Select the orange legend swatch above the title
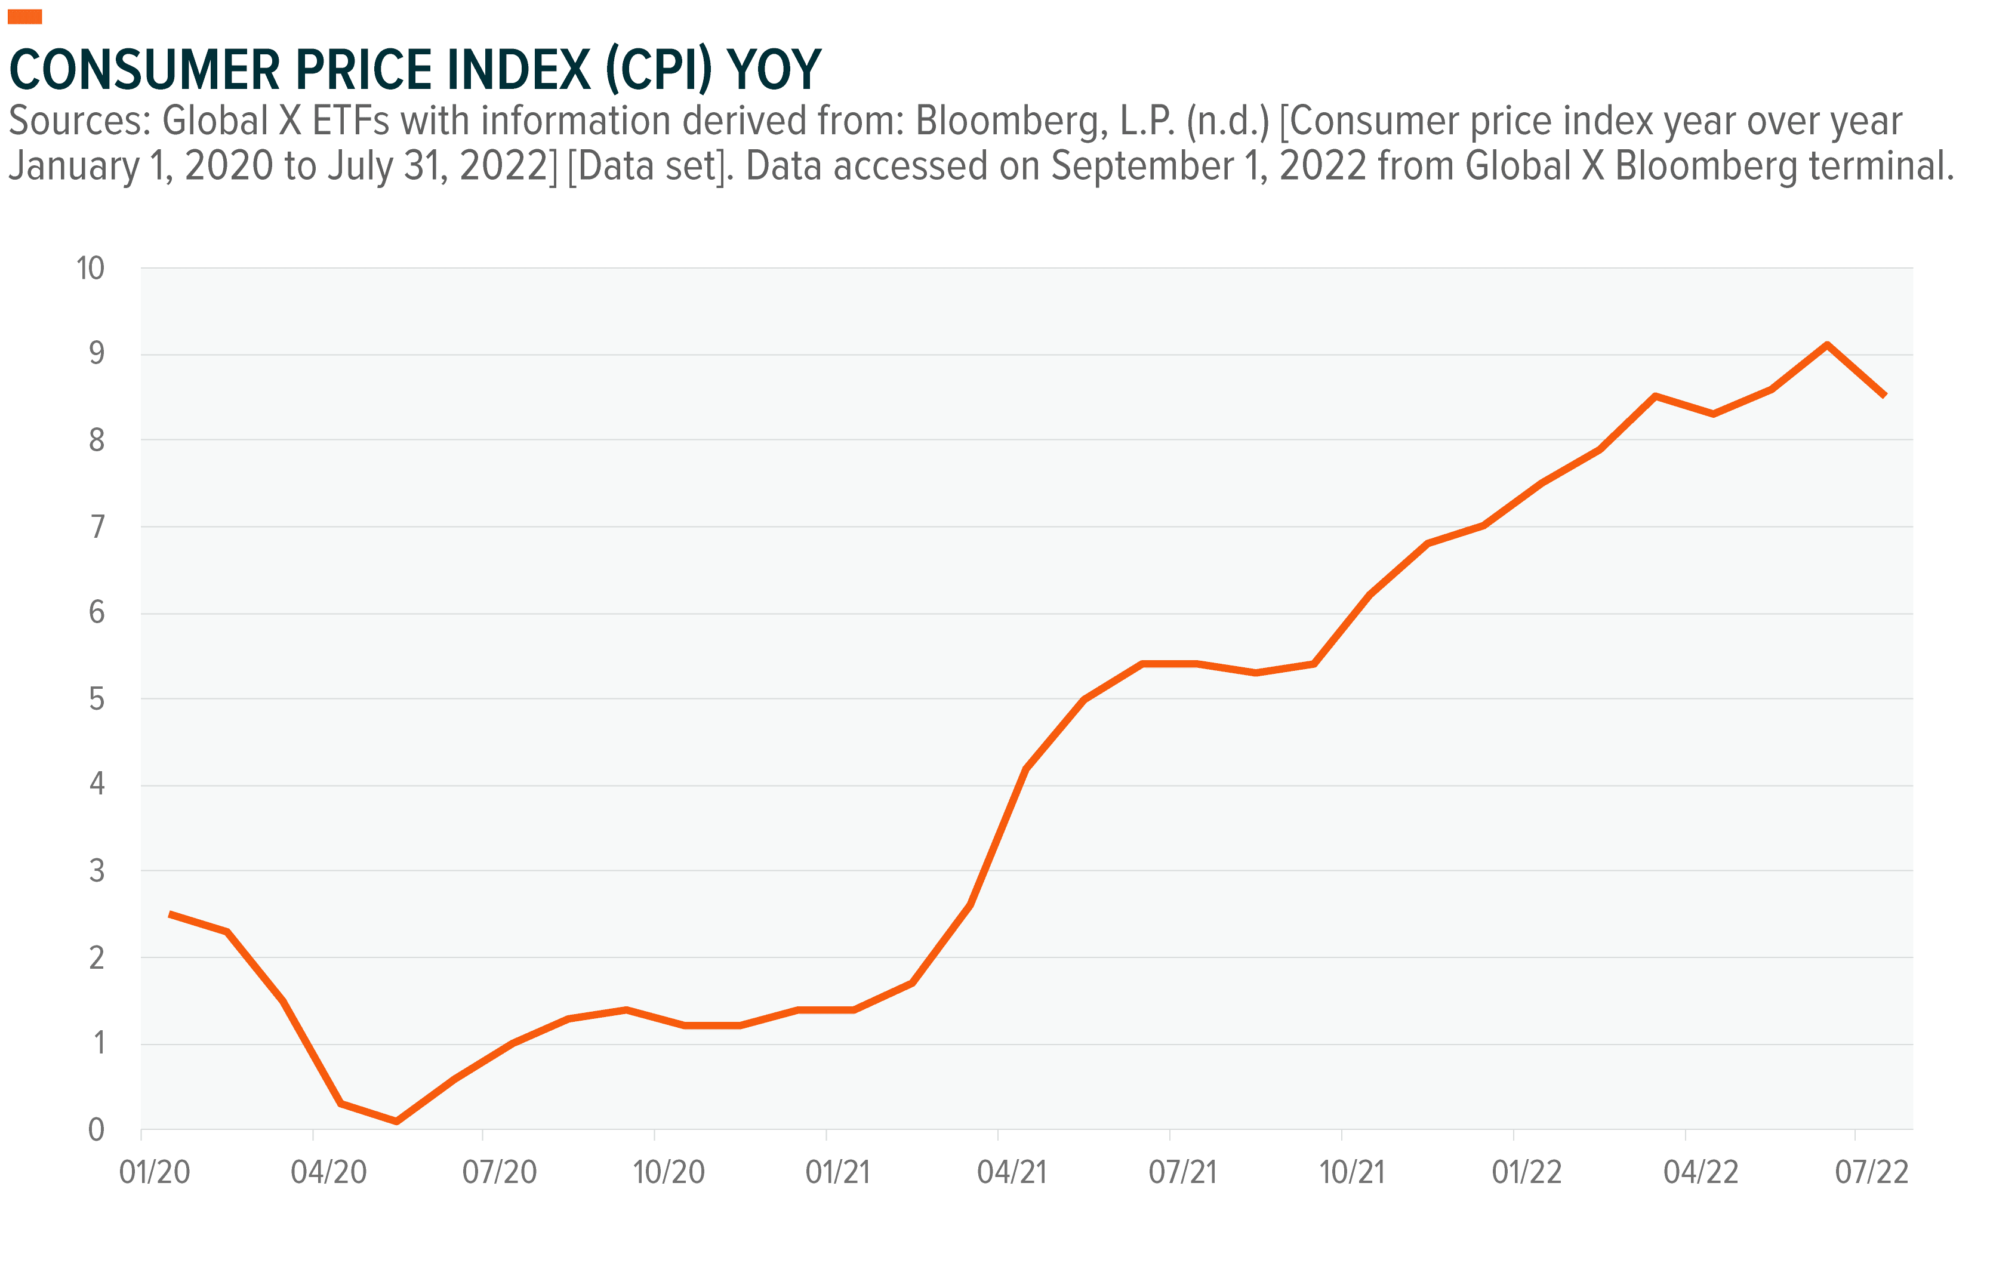pos(25,17)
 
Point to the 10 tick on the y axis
pos(90,268)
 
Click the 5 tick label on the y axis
pos(97,700)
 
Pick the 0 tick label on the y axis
pos(97,1129)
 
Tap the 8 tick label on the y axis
pos(97,440)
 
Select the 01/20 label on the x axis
pos(155,1172)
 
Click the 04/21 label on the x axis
pos(1012,1172)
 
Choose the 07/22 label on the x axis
pos(1872,1172)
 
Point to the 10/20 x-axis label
pos(669,1172)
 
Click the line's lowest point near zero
pos(397,1121)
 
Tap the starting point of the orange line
pos(170,914)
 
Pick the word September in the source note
pos(1135,166)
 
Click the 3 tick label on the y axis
pos(97,871)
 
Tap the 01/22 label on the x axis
pos(1526,1172)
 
